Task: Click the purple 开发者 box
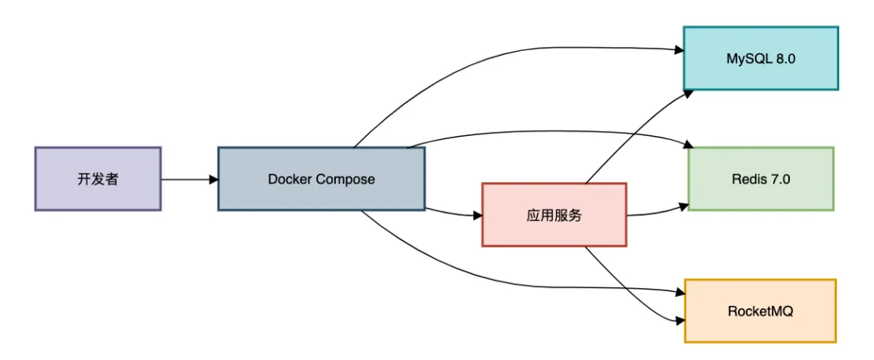point(98,179)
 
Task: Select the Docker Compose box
point(321,179)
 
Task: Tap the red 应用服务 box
point(554,214)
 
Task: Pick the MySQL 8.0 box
point(761,58)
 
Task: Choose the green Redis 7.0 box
point(761,179)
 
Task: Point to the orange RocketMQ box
point(760,311)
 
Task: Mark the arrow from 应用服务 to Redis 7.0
point(657,213)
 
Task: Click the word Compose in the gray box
point(345,179)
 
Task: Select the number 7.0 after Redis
point(782,179)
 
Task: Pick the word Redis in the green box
point(747,179)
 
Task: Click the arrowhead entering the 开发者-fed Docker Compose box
point(213,179)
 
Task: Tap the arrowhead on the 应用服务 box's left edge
point(477,216)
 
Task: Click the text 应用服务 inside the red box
point(554,215)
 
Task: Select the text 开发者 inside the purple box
point(98,179)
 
